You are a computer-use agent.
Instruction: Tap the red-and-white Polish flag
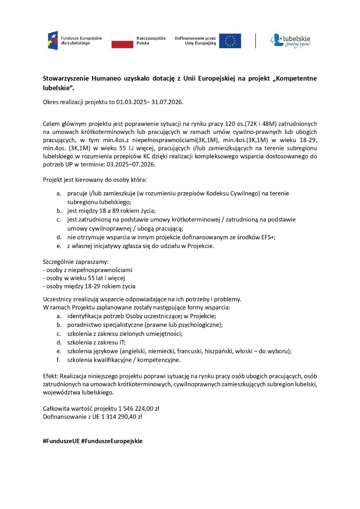coord(122,41)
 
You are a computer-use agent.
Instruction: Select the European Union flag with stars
coord(230,41)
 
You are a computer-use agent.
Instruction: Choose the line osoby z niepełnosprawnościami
coord(87,270)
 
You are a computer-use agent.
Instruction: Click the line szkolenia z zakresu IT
coord(96,342)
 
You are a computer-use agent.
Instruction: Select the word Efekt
coord(50,376)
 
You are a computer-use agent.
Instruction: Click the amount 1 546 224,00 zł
coord(139,409)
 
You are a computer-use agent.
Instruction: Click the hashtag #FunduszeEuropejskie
coord(112,441)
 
